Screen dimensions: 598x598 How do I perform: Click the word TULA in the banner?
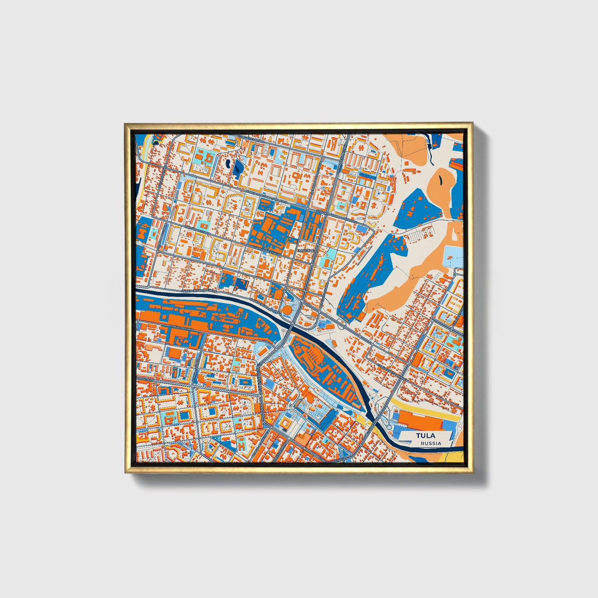(425, 436)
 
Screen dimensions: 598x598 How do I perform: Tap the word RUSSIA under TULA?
(430, 443)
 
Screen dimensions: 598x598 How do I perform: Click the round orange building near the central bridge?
(287, 309)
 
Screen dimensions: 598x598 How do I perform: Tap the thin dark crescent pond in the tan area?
(440, 179)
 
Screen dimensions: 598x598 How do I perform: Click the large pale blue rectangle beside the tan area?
(454, 257)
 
